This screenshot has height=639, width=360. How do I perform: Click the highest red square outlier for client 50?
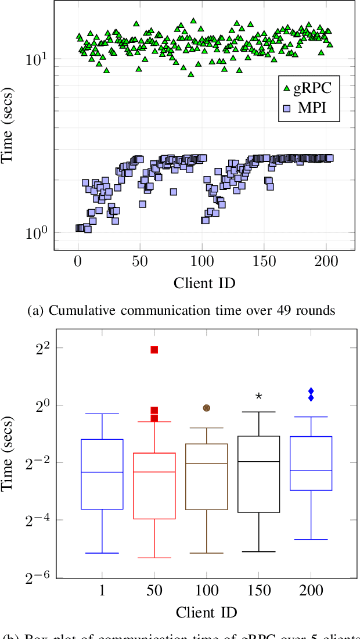[154, 350]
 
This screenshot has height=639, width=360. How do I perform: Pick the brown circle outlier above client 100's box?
[206, 408]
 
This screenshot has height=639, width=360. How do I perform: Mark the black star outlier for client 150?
[259, 396]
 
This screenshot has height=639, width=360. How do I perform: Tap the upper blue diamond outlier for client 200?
[311, 392]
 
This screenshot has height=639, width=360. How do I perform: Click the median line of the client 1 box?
[102, 472]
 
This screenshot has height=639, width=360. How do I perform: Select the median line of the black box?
[259, 461]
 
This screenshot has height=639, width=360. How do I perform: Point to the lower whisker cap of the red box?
[154, 558]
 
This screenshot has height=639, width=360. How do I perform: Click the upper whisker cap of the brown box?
[206, 428]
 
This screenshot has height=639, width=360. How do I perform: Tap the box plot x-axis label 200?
[311, 591]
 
